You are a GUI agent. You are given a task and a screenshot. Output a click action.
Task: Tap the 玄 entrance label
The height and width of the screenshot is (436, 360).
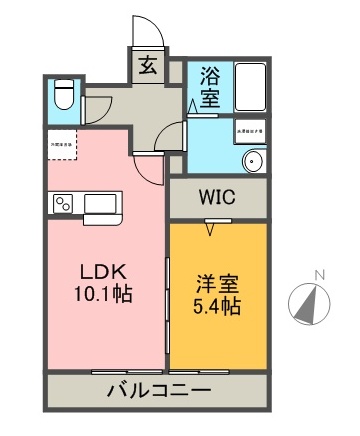tap(148, 68)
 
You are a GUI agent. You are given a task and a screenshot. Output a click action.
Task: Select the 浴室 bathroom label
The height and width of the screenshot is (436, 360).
tap(209, 86)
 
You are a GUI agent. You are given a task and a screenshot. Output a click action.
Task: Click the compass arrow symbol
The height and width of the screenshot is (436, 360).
tap(309, 301)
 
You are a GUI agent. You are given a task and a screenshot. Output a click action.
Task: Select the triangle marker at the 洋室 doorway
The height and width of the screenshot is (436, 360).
tap(209, 227)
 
